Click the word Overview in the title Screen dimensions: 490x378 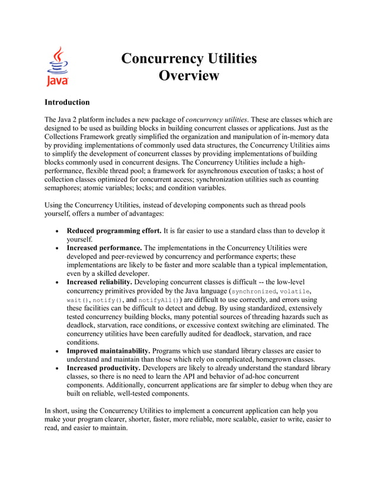tap(189, 76)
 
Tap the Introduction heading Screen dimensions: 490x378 tap(67, 102)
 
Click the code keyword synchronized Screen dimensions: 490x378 tap(253, 292)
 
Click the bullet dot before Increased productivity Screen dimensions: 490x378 tap(55, 368)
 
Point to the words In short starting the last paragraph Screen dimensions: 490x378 tap(57, 410)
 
